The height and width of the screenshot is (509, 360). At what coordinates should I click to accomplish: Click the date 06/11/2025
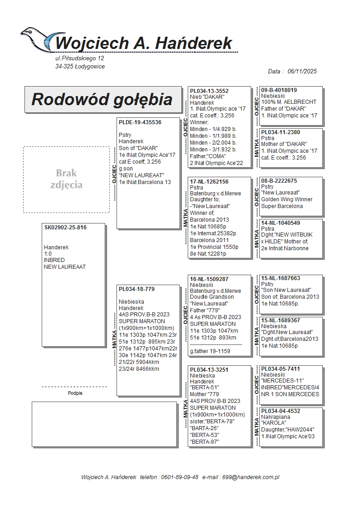click(x=302, y=71)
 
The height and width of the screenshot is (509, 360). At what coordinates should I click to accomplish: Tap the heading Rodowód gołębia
click(x=102, y=99)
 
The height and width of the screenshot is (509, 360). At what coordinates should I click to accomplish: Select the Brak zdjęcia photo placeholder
click(x=66, y=179)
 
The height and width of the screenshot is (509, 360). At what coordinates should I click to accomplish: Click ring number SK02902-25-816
click(x=65, y=228)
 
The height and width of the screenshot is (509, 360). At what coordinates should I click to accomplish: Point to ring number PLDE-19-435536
click(x=140, y=122)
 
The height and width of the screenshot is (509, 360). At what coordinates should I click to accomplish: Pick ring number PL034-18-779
click(x=136, y=289)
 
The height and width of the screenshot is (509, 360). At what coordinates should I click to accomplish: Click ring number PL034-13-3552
click(x=209, y=91)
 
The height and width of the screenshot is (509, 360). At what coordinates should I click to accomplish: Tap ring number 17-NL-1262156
click(x=209, y=182)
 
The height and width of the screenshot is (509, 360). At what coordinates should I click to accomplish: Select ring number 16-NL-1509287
click(x=209, y=279)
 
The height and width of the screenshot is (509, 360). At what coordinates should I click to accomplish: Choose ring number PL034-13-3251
click(x=209, y=370)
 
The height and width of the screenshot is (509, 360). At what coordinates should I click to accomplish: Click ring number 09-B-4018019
click(x=279, y=90)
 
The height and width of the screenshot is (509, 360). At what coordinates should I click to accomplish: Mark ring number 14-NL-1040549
click(x=280, y=223)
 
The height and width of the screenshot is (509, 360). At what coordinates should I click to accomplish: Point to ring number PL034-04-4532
click(x=280, y=411)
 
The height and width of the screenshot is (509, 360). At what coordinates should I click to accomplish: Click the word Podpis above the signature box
click(x=75, y=393)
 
